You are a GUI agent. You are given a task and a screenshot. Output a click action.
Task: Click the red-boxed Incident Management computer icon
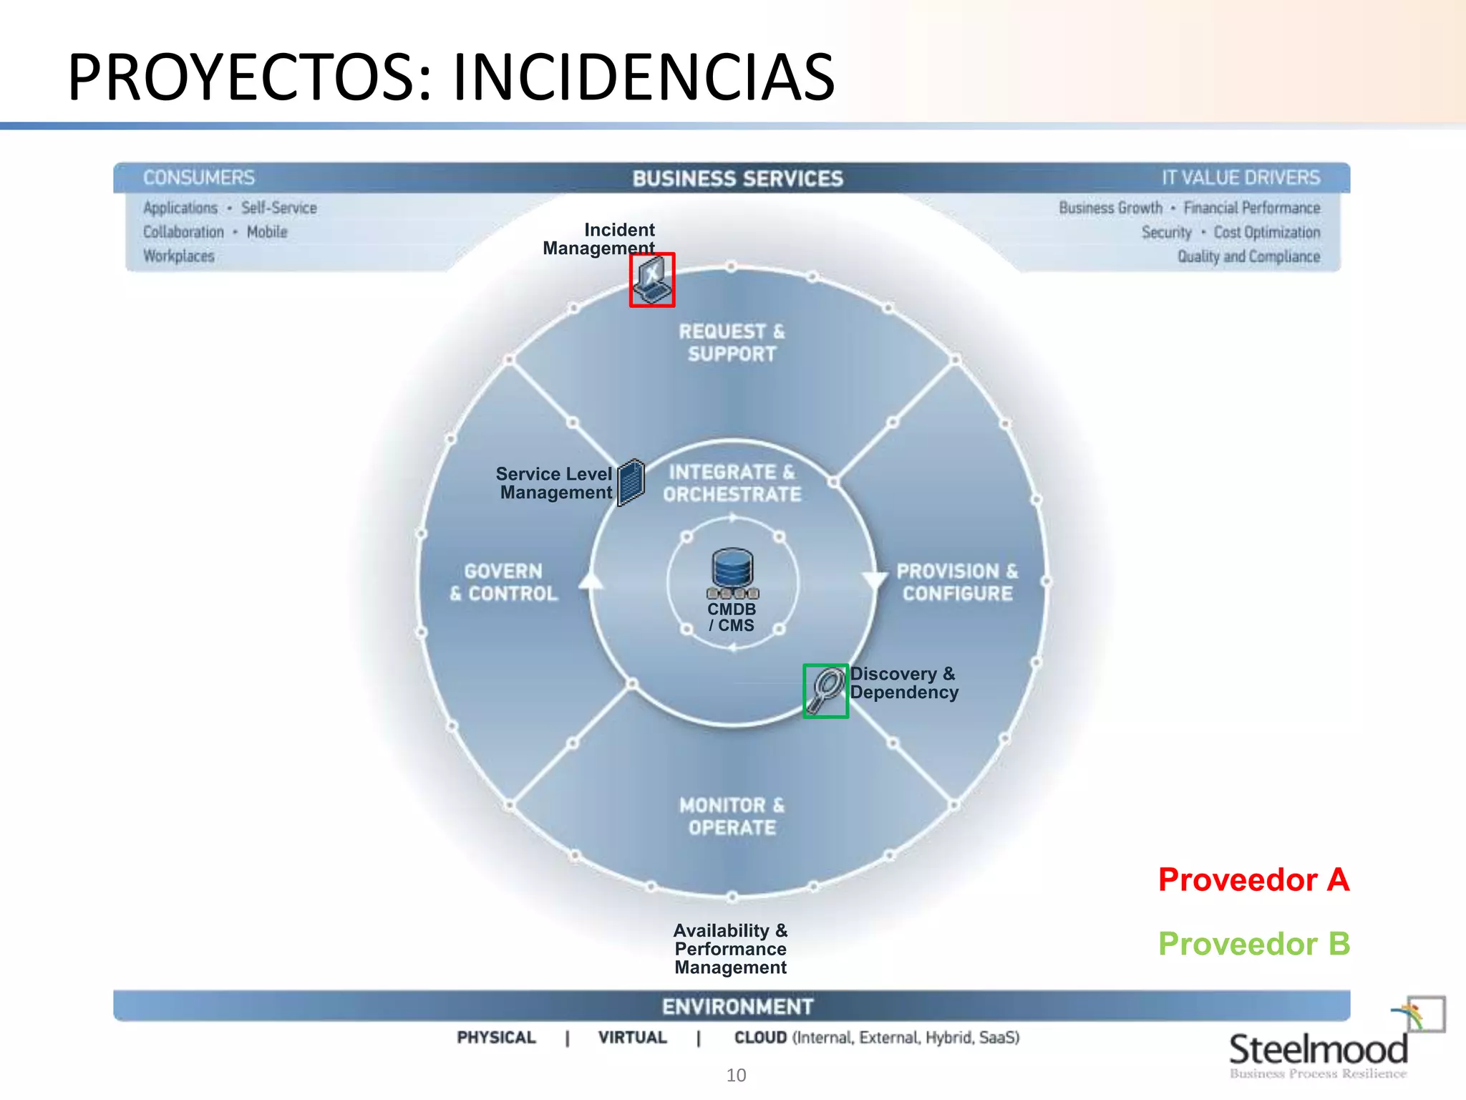(652, 280)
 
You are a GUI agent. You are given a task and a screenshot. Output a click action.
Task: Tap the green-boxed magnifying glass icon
(825, 691)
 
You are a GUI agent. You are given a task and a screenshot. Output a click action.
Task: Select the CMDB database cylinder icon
(732, 569)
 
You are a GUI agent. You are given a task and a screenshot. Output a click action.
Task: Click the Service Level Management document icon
(631, 482)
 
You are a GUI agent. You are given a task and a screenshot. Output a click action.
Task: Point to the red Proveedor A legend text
(1253, 879)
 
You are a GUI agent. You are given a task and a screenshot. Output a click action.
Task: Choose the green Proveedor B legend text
(1253, 944)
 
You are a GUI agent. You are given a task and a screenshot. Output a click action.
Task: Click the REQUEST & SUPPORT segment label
(732, 342)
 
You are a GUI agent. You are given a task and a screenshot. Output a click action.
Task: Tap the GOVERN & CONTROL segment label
(504, 582)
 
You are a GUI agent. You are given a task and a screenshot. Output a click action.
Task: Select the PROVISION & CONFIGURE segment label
(957, 582)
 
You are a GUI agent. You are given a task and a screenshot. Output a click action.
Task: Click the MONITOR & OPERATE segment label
(732, 816)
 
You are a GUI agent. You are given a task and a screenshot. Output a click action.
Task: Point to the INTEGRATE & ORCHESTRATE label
(732, 483)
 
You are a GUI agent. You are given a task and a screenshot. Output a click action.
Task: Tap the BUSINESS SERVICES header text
(737, 178)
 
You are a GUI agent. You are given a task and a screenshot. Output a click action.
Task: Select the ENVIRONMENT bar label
(737, 1006)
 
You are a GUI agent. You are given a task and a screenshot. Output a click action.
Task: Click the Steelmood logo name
(1318, 1050)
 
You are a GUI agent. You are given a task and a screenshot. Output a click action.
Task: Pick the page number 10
(736, 1075)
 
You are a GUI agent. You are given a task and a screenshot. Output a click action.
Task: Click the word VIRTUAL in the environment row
(632, 1038)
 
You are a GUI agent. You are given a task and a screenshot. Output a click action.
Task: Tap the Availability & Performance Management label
(730, 949)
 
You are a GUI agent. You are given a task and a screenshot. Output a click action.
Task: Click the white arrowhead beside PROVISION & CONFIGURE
(874, 581)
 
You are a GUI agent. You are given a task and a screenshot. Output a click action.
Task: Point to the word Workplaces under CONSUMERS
(179, 256)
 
